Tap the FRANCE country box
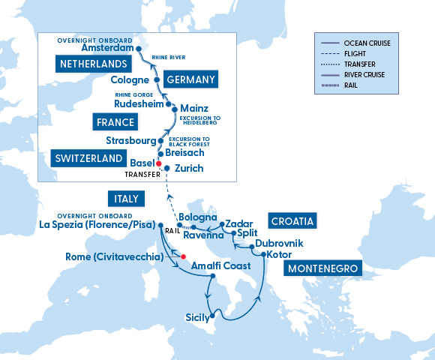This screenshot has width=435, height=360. coord(115,121)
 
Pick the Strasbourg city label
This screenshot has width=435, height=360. coord(130,140)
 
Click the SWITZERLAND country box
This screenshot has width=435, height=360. coord(88,158)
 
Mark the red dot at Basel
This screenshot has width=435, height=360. coord(158,163)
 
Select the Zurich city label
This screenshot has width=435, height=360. coord(188,168)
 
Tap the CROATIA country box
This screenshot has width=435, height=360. coord(292,220)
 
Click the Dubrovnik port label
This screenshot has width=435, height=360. coord(279,243)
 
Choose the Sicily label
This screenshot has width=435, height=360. coord(198,317)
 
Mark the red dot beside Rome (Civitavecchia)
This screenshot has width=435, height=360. coord(183,257)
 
